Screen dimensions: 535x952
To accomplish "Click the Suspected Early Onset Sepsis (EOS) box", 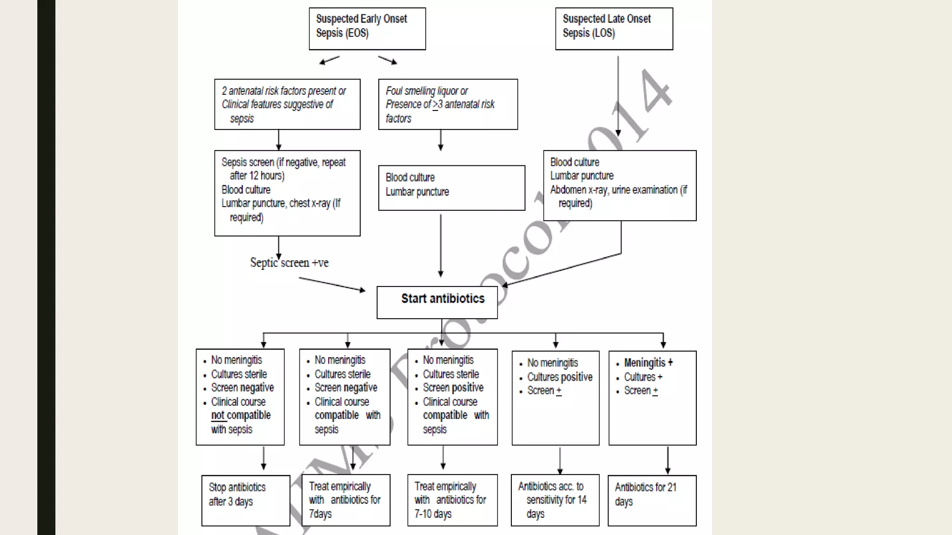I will (x=367, y=28).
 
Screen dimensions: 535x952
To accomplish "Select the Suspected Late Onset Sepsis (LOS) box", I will (x=614, y=28).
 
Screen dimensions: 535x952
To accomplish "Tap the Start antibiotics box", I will (x=437, y=302).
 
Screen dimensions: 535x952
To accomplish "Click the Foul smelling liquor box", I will (x=448, y=104).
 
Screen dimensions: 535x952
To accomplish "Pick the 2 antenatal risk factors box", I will (x=287, y=104).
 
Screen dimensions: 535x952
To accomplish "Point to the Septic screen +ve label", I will (x=289, y=263).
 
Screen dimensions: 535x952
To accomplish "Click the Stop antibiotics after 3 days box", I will (x=245, y=500).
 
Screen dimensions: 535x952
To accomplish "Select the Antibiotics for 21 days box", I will (x=652, y=500).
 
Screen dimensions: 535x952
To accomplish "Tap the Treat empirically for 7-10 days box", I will (x=452, y=500).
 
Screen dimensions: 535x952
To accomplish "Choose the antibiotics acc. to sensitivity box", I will (x=555, y=500).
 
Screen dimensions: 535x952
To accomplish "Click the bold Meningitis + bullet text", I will (x=648, y=363).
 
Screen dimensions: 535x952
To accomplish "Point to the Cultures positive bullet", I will (x=560, y=377).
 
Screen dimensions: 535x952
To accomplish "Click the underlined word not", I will (x=218, y=415).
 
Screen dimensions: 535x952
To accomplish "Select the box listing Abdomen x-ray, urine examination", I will (x=620, y=185).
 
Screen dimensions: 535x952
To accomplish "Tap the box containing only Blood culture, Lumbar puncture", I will (x=451, y=188).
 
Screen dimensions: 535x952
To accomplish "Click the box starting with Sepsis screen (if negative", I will (x=287, y=193).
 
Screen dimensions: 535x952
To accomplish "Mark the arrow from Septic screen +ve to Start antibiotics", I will (x=332, y=284).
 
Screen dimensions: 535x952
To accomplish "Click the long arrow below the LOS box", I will (x=618, y=95).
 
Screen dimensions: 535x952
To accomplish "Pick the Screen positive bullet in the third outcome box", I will (x=453, y=388).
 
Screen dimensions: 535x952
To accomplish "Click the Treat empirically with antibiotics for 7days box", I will (x=345, y=500).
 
